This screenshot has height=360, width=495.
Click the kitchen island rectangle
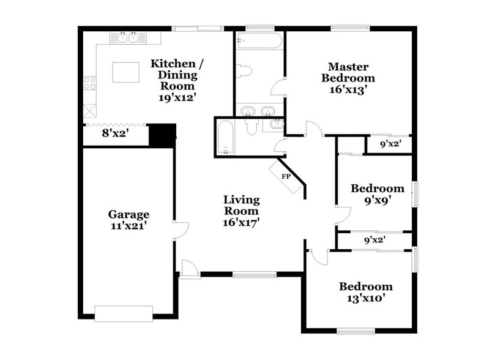pyautogui.click(x=125, y=72)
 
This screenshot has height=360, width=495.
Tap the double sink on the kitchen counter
pyautogui.click(x=128, y=37)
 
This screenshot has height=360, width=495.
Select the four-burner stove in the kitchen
pyautogui.click(x=90, y=83)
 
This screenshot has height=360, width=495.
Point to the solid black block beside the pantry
pyautogui.click(x=162, y=135)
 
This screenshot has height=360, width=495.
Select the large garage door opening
pyautogui.click(x=124, y=313)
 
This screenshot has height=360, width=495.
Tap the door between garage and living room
pyautogui.click(x=181, y=230)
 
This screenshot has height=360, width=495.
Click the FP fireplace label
pyautogui.click(x=286, y=176)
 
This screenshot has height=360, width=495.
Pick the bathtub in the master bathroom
pyautogui.click(x=259, y=41)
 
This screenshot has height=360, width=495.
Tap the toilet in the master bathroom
pyautogui.click(x=244, y=71)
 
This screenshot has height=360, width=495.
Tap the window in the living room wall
pyautogui.click(x=255, y=274)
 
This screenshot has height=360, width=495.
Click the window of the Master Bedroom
pyautogui.click(x=351, y=28)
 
